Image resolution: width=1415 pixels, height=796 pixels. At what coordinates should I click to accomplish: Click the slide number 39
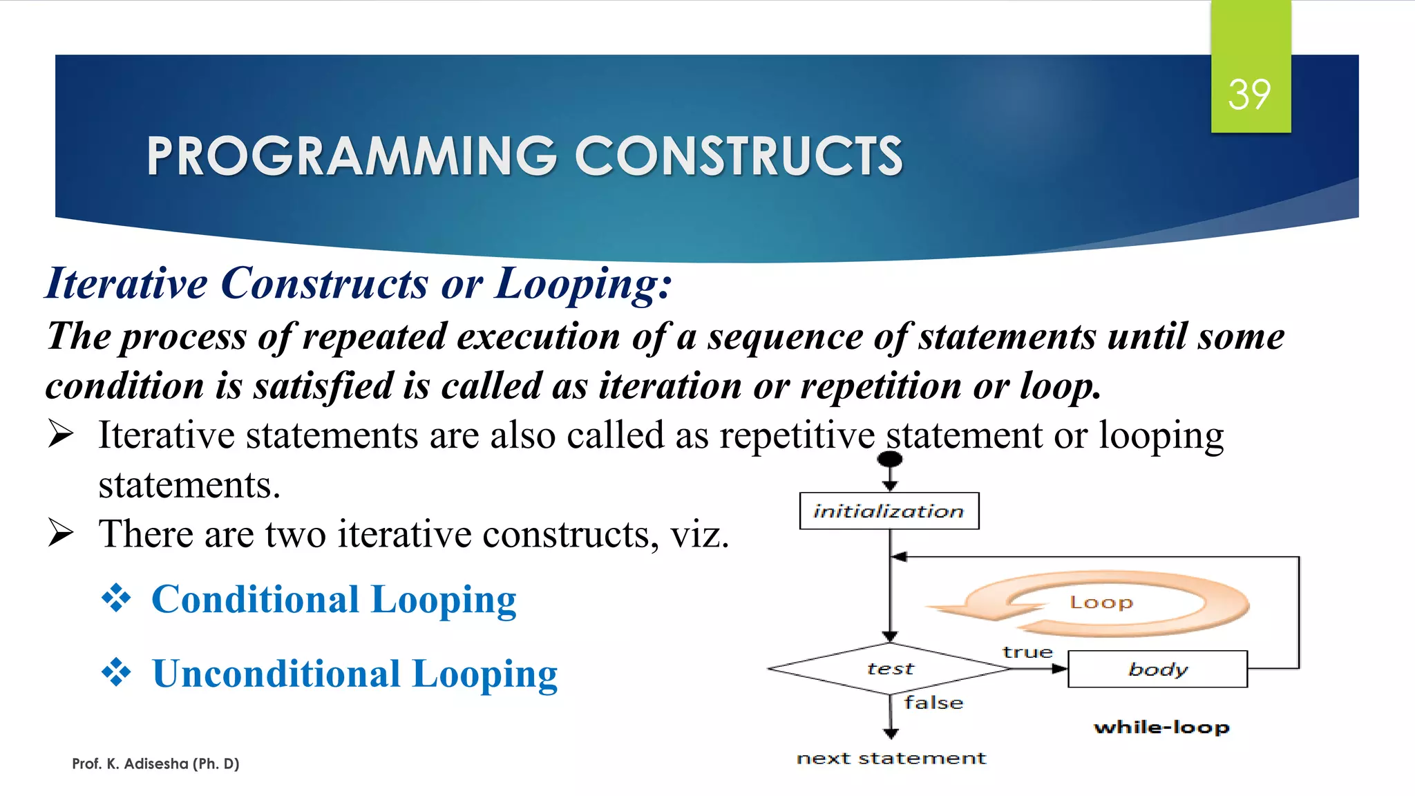[x=1249, y=94]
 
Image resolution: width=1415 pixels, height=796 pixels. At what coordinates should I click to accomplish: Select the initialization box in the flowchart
[x=889, y=511]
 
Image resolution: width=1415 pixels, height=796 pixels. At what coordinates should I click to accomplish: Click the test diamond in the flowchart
[x=890, y=668]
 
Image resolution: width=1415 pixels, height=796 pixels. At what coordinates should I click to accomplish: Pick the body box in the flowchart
[x=1157, y=669]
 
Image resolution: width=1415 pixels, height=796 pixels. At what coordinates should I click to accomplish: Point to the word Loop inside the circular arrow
[x=1101, y=603]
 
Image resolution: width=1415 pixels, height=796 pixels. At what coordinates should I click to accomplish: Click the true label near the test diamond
[x=1027, y=652]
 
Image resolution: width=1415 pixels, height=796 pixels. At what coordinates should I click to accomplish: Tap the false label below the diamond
[x=933, y=703]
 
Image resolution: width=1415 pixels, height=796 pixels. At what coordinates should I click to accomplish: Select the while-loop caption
[x=1161, y=727]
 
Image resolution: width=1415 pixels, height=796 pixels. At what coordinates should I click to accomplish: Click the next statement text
[x=891, y=758]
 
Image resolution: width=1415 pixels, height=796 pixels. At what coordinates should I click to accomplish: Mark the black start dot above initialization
[x=890, y=459]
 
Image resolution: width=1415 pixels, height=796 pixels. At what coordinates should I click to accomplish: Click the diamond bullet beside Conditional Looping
[x=116, y=598]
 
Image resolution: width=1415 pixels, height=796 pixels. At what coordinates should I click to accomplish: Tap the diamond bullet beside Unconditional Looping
[x=116, y=672]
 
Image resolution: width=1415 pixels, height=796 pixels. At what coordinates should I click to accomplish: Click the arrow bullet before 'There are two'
[x=61, y=533]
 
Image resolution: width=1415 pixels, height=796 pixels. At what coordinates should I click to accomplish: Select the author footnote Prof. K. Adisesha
[x=155, y=764]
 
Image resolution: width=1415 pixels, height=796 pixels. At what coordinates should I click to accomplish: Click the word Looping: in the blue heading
[x=583, y=283]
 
